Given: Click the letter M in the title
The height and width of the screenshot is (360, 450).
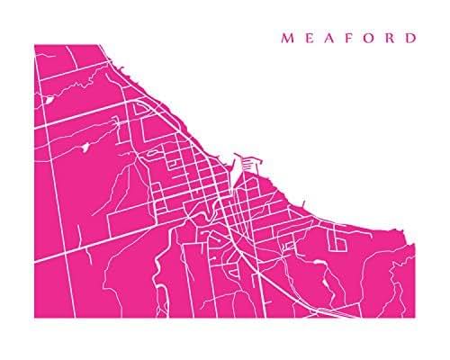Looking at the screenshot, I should [286, 39].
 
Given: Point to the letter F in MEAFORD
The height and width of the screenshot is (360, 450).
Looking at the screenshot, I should [348, 39].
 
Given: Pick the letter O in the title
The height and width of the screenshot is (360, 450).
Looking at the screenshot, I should [369, 39].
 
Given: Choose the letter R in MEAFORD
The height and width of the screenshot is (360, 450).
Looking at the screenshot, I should [391, 39].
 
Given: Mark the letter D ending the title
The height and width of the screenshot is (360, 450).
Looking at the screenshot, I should [411, 39].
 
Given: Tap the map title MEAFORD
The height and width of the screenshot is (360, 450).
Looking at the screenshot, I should [349, 39].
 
